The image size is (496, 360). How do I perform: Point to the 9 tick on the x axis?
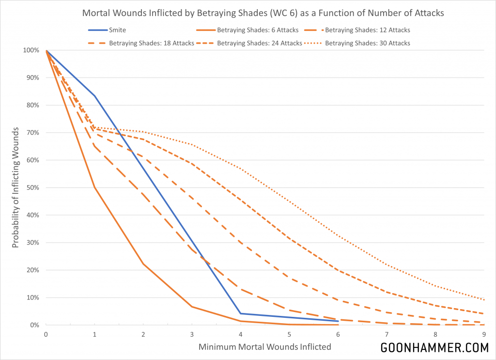(484, 334)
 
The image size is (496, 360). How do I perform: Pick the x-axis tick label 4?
(241, 334)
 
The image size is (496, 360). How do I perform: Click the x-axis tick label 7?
(387, 334)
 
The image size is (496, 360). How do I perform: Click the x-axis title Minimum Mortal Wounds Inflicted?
(265, 347)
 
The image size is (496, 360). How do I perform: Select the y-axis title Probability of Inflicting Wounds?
(15, 188)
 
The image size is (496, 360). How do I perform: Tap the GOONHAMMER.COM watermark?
(434, 348)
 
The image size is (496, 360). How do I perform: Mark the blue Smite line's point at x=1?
(94, 96)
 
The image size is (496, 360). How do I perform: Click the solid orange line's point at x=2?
(143, 264)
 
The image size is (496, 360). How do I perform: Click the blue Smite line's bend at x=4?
(241, 313)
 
